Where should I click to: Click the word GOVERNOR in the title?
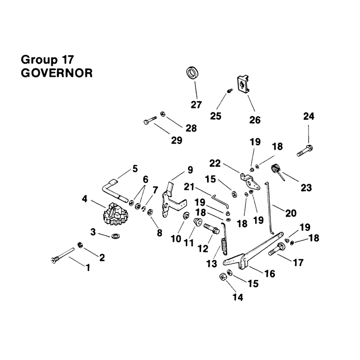[x=57, y=73]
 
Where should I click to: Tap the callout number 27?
[x=196, y=105]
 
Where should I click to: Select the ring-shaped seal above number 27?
[x=192, y=73]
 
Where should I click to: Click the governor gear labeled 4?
[x=116, y=214]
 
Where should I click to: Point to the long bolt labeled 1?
[x=62, y=255]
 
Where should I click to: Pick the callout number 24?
[x=309, y=116]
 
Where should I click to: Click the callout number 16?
[x=270, y=274]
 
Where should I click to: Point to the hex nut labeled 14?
[x=222, y=277]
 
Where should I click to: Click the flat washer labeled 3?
[x=114, y=236]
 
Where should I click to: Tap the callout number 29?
[x=177, y=140]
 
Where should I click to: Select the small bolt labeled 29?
[x=150, y=120]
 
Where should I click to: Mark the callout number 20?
[x=291, y=213]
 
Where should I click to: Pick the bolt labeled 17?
[x=277, y=249]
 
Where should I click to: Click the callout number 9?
[x=190, y=170]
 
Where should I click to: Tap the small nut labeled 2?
[x=80, y=245]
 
